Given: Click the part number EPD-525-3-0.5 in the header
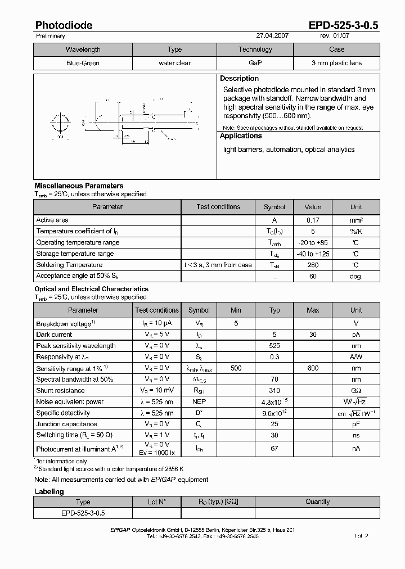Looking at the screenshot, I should pos(344,25).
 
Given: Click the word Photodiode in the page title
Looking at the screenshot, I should pos(64,25).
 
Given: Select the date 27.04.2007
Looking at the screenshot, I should pos(272,35).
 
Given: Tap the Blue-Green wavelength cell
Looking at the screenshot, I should pos(83,63).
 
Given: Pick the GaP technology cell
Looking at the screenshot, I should pos(255,63).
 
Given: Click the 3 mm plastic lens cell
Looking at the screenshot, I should pos(336,63).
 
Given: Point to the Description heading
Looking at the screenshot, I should pos(239,79).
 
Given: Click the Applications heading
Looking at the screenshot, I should pos(241,136).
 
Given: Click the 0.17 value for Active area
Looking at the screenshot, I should pos(313,220).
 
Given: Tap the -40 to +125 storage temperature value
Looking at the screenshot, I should pos(313,254).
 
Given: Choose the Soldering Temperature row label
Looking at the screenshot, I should pos(69,265).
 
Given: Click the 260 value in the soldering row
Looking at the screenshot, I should pos(313,265).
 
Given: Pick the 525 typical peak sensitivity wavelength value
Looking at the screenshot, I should pos(274,346).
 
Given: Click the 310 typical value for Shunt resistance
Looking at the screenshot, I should pos(274,391).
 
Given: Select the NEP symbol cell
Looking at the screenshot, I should pos(199,401).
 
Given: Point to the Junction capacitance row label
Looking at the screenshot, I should pos(66,424).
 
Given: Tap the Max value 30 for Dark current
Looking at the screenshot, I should pos(313,335).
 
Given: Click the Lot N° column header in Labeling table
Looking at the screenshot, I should pos(156,502).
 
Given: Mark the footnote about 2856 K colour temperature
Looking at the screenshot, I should pos(110,468).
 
